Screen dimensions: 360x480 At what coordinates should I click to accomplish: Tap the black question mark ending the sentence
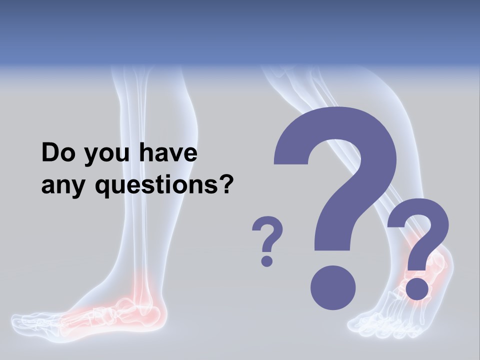click(226, 184)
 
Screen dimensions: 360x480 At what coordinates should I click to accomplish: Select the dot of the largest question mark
click(333, 287)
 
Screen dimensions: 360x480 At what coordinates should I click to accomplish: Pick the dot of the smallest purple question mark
click(267, 260)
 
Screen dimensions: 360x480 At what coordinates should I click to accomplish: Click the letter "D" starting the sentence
click(50, 153)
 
